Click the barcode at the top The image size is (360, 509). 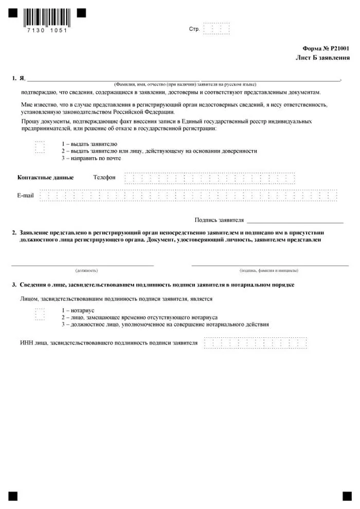tap(46, 17)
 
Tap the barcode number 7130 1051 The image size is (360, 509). tap(46, 30)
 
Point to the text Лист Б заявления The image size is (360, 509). tap(322, 58)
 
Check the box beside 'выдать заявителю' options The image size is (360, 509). tap(40, 148)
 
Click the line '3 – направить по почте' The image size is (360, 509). tap(91, 158)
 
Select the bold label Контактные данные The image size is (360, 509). tap(46, 177)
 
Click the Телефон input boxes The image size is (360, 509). tap(210, 178)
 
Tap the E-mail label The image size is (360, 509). tap(25, 195)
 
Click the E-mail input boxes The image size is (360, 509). tap(189, 195)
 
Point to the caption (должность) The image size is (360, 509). tap(86, 270)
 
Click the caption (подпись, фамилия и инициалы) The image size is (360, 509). tap(269, 270)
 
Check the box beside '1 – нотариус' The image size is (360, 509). tap(40, 314)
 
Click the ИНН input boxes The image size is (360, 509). tap(255, 342)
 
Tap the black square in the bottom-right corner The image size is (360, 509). tap(345, 496)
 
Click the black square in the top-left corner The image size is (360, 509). tap(13, 13)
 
